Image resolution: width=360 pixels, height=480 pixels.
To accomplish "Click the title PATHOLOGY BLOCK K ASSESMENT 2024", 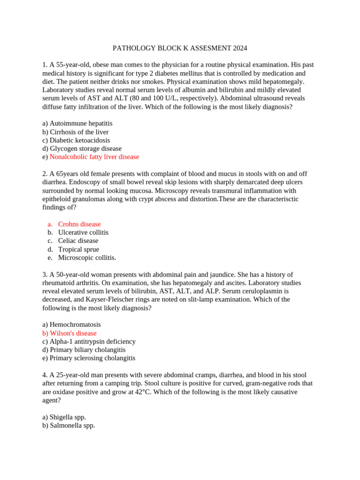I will tap(180, 48).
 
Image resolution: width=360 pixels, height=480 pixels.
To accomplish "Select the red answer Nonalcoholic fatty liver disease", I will tap(94, 157).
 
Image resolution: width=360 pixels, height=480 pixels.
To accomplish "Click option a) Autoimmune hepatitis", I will tap(77, 123).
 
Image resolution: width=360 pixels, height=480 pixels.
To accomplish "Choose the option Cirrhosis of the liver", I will tap(75, 132).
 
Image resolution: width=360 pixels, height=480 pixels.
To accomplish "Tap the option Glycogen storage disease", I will tap(82, 149).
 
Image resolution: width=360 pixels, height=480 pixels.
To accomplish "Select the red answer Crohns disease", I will tap(79, 224).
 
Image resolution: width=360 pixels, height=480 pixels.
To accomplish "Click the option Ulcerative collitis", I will tap(83, 232).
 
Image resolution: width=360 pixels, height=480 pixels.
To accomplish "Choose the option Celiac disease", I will tap(78, 241).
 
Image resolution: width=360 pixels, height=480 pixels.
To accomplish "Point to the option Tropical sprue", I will tap(79, 249).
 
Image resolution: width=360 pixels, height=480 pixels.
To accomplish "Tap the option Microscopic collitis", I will tap(87, 258).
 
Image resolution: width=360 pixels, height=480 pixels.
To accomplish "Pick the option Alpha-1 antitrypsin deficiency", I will tap(89, 342).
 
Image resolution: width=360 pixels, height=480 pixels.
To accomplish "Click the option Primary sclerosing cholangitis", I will tap(89, 358).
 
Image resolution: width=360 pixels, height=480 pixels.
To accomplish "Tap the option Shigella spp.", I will tap(64, 417).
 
